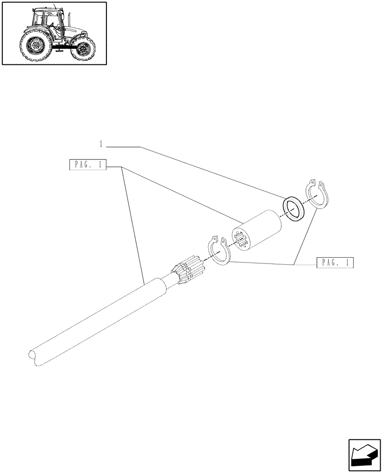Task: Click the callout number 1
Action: (x=101, y=144)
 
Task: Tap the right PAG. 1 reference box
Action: (x=335, y=263)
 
